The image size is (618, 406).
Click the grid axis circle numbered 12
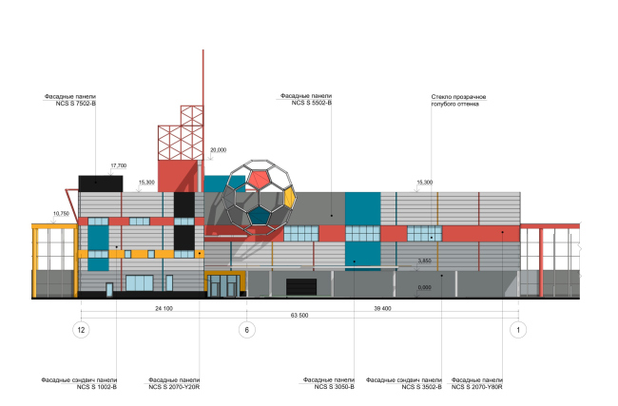click(x=82, y=330)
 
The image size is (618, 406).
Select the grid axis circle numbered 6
click(x=247, y=330)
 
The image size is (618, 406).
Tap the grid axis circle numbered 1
click(x=519, y=330)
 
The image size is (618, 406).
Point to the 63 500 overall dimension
click(x=301, y=319)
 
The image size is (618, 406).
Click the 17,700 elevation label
click(x=118, y=165)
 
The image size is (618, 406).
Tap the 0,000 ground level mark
click(x=425, y=285)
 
